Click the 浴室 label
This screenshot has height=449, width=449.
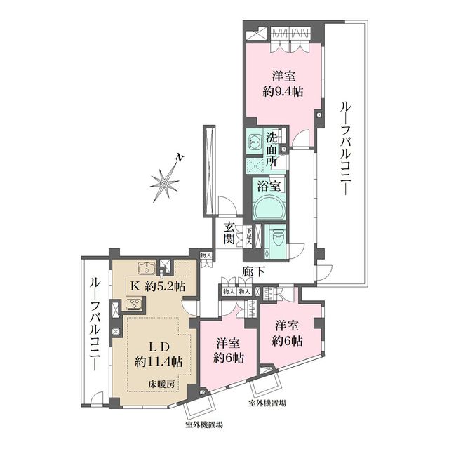[x=270, y=187]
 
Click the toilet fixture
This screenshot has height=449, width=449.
[x=276, y=237]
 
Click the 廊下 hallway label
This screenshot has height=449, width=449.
[x=253, y=270]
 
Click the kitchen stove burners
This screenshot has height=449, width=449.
[x=133, y=304]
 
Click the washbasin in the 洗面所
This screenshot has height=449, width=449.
[x=253, y=142]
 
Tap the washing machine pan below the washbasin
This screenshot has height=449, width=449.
[x=253, y=163]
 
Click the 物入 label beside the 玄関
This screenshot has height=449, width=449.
[x=205, y=257]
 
